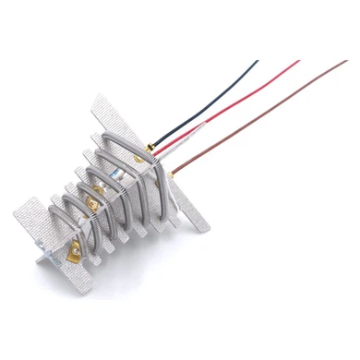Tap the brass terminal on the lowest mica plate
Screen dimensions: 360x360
(70, 249)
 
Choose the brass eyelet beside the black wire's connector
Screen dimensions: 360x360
(139, 157)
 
